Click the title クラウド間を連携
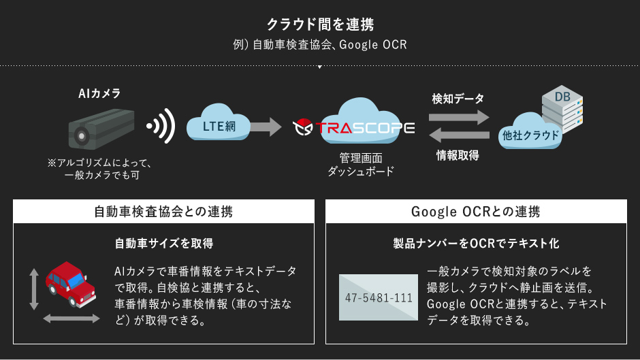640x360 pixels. (319, 25)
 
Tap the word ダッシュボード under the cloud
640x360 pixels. (360, 172)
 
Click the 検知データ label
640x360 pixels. (458, 99)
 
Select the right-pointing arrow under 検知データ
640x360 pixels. (459, 117)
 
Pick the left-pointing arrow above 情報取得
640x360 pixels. (459, 136)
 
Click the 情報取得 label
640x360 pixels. (458, 155)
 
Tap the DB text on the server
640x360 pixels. (562, 97)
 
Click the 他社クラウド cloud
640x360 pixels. (529, 135)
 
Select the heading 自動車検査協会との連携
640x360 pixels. (163, 212)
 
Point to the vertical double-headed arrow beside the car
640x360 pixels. (33, 289)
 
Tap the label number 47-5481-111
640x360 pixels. (379, 298)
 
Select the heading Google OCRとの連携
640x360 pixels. (476, 212)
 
